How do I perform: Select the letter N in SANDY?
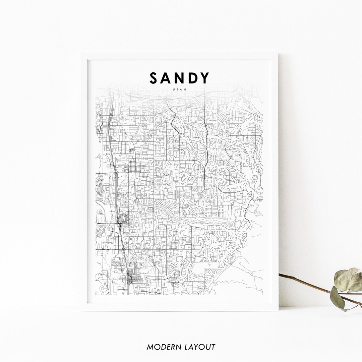point(181,78)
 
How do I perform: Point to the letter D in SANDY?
point(193,78)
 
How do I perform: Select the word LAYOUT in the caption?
point(200,347)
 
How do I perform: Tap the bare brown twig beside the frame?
point(302,282)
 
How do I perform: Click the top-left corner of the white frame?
point(81,54)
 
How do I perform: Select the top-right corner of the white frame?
point(278,54)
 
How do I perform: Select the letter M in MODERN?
point(150,347)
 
